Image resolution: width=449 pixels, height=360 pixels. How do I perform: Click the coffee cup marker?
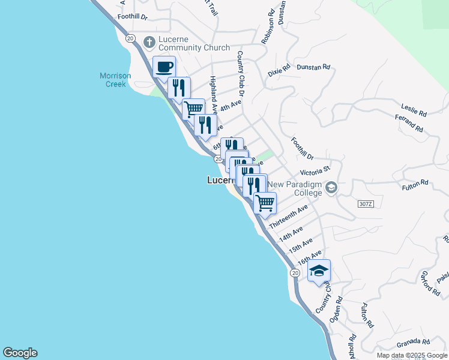[x=164, y=67]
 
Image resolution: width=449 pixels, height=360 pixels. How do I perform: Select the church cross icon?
[x=149, y=42]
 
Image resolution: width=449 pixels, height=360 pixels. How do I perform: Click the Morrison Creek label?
[x=113, y=80]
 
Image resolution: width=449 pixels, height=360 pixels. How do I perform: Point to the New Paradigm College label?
[x=295, y=188]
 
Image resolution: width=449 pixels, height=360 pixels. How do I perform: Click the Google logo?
[x=20, y=353]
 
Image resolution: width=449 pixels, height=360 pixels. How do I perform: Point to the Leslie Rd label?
[x=415, y=112]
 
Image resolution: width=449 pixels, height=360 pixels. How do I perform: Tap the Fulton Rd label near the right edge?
[x=416, y=182]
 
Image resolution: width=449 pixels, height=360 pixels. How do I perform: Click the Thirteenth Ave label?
[x=288, y=215]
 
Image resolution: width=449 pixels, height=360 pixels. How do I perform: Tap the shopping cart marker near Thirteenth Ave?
[x=265, y=202]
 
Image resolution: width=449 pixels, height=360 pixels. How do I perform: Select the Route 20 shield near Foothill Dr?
[x=130, y=37]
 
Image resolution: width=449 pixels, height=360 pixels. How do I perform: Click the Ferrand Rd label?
[x=409, y=124]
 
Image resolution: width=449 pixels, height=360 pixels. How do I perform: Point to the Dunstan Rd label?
[x=314, y=68]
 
